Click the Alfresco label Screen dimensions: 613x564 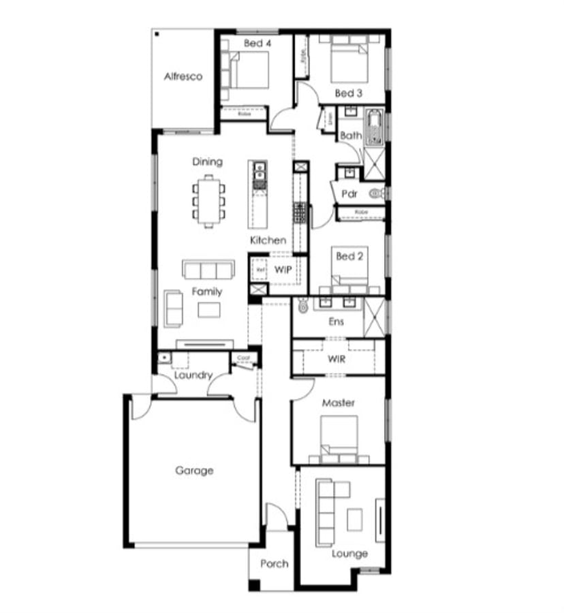[183, 77]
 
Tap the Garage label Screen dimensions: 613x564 [194, 470]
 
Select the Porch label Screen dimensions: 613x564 [274, 563]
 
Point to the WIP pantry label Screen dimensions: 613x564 [283, 269]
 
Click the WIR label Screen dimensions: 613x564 [336, 358]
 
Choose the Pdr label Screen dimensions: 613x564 [349, 193]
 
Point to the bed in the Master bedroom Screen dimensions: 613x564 [339, 437]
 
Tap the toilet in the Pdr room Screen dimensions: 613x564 [377, 194]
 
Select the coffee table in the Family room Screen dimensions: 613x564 [209, 310]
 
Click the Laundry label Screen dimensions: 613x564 [193, 375]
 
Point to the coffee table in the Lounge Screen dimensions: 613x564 [355, 520]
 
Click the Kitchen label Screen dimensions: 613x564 [268, 240]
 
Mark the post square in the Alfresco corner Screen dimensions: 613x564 [157, 33]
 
